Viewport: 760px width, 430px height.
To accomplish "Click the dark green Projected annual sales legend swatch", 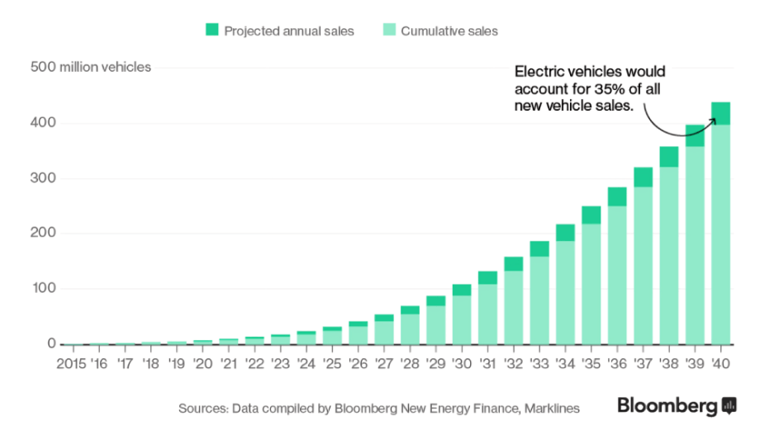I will coord(211,31).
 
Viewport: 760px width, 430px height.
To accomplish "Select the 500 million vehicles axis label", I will coord(91,67).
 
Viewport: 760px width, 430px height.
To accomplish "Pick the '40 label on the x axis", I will coord(720,362).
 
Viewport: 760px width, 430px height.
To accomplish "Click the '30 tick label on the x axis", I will coord(462,362).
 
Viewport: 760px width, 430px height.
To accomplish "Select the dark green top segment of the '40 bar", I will coord(720,113).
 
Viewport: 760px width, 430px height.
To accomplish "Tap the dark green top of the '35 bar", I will coord(591,215).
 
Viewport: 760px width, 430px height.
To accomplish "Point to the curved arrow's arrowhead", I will coord(713,120).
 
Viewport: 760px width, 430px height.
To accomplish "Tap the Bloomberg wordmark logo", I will coord(666,406).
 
